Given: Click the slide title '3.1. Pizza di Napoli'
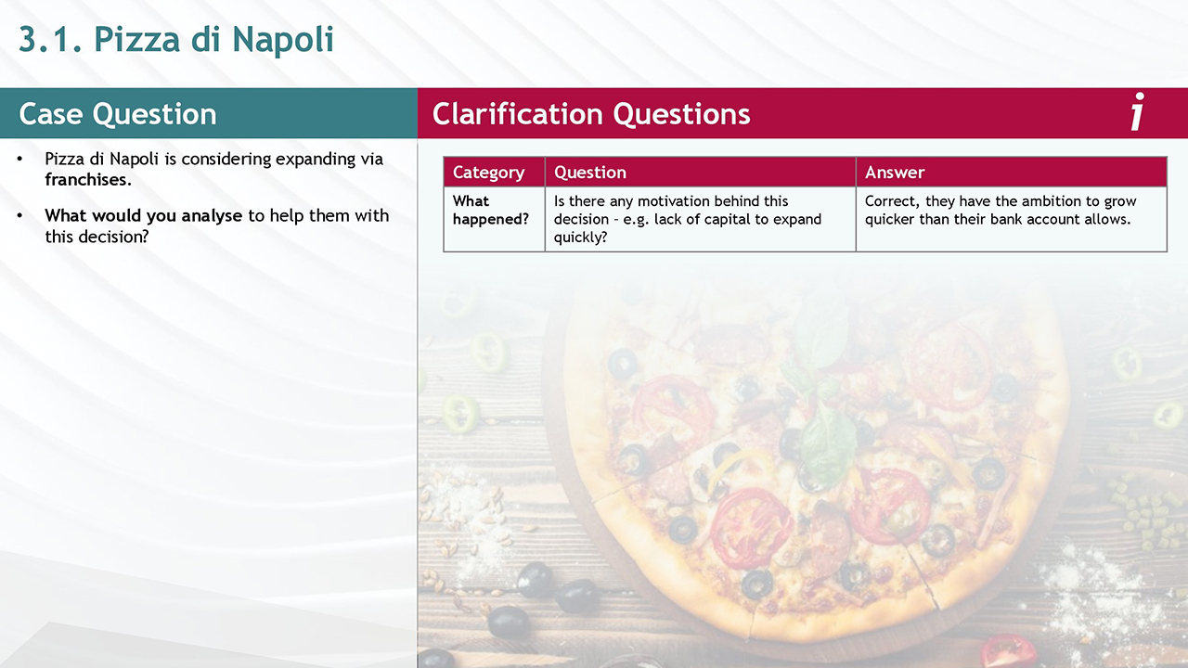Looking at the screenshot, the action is pyautogui.click(x=176, y=40).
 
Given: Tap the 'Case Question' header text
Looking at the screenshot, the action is pyautogui.click(x=118, y=114).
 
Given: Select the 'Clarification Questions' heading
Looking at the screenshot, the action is pyautogui.click(x=591, y=114).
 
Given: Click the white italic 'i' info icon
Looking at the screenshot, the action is pyautogui.click(x=1137, y=111).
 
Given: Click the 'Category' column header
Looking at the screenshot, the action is pyautogui.click(x=488, y=173).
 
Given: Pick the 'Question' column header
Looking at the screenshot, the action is pyautogui.click(x=589, y=173).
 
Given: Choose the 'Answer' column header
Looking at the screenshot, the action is pyautogui.click(x=895, y=173).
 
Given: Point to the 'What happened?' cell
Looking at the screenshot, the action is pyautogui.click(x=491, y=210).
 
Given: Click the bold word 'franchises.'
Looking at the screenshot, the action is pyautogui.click(x=88, y=180).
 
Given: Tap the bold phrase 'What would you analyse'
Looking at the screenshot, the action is pyautogui.click(x=143, y=216).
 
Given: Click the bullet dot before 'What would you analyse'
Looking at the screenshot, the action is pyautogui.click(x=20, y=216).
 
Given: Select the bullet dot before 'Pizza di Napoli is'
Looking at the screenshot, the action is pyautogui.click(x=20, y=159).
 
